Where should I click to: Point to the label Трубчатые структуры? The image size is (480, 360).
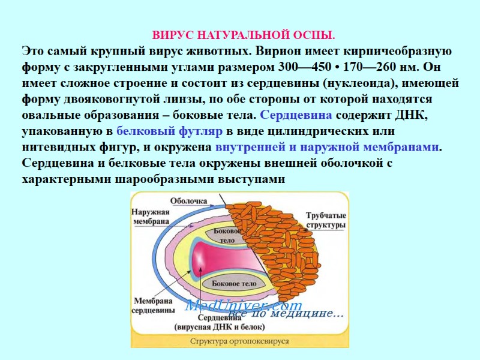click(x=325, y=220)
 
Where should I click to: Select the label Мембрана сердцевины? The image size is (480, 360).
click(x=154, y=305)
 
